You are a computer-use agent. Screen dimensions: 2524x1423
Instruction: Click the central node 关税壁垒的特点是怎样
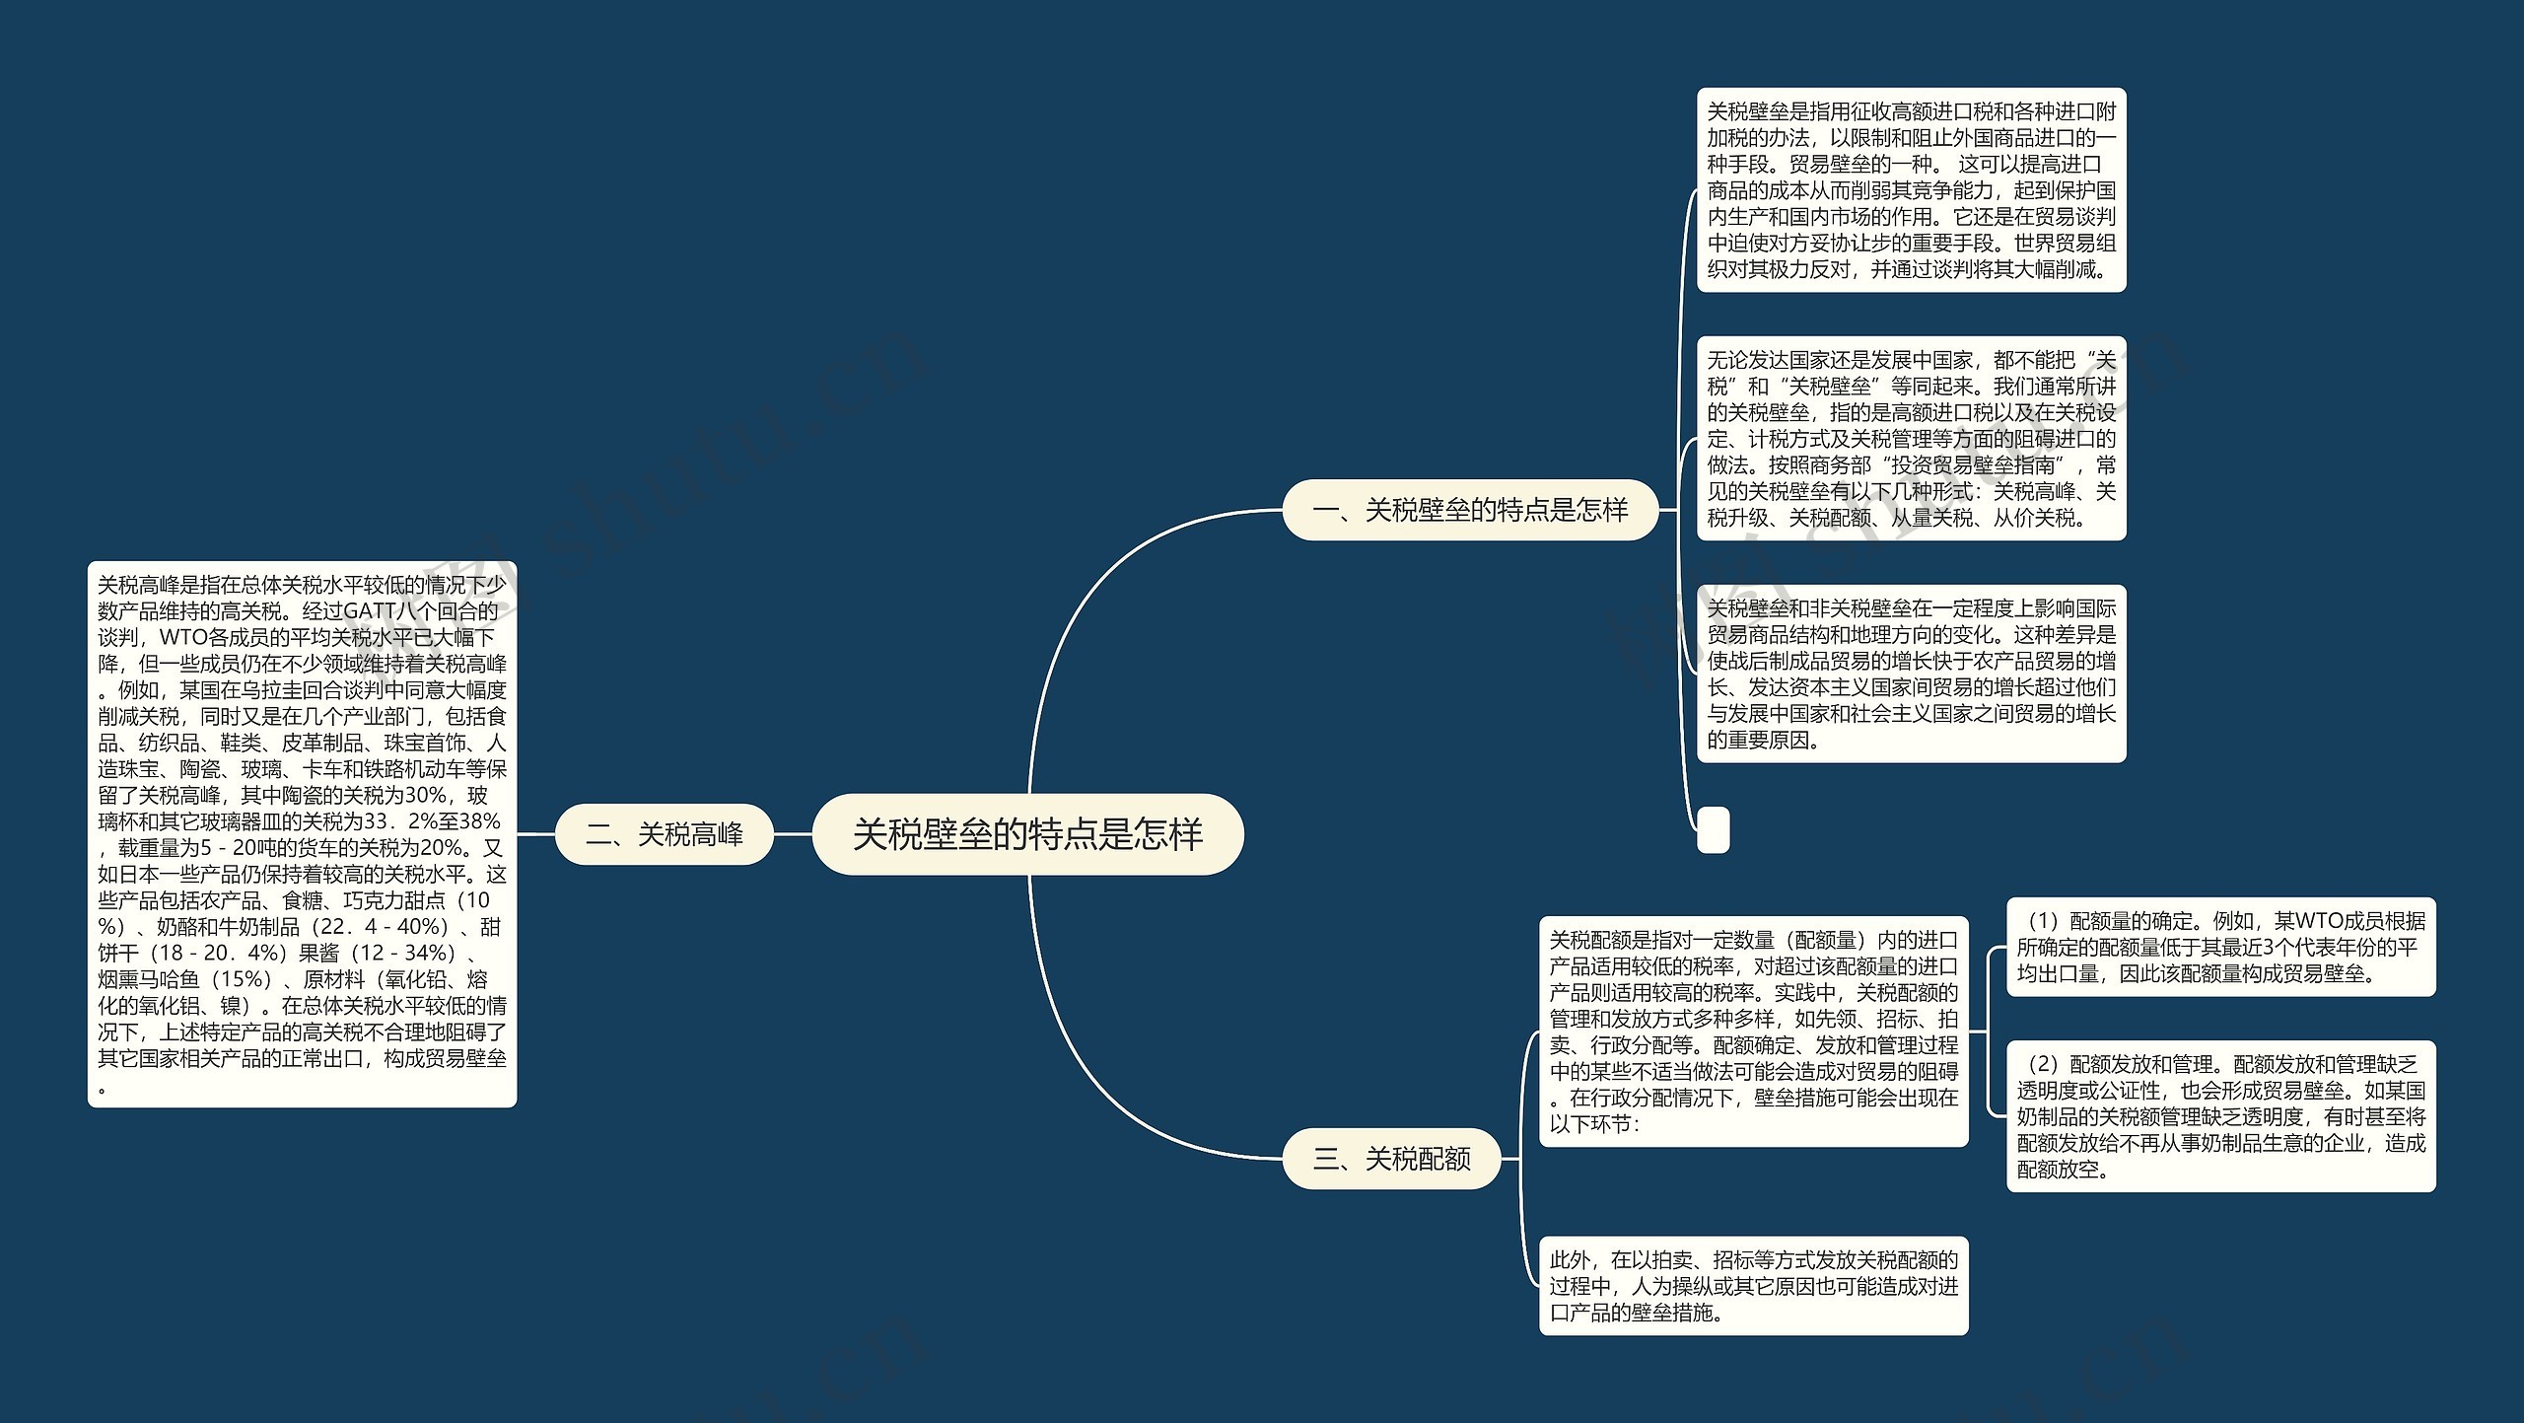coord(1027,834)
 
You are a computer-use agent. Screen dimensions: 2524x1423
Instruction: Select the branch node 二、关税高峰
coord(664,835)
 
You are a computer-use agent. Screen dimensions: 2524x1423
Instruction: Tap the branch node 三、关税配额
coord(1391,1159)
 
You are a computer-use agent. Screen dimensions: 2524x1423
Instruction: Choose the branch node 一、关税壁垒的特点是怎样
coord(1470,510)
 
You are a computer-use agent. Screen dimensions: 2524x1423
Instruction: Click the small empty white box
coord(1713,829)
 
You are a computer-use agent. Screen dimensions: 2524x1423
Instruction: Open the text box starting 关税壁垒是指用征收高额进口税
coord(1911,190)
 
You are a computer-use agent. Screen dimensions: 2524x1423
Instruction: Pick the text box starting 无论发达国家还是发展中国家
coord(1911,439)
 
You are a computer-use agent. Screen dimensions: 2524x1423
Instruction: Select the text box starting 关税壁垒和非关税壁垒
coord(1911,674)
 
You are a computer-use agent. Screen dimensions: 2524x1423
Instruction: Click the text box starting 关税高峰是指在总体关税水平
coord(302,834)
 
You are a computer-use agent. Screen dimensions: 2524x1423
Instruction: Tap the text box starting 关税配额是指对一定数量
coord(1753,1032)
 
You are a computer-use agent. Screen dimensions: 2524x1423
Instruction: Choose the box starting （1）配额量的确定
coord(2220,947)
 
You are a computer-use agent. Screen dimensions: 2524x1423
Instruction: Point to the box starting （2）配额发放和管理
coord(2220,1116)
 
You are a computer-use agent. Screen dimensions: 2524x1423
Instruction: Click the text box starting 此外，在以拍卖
coord(1753,1286)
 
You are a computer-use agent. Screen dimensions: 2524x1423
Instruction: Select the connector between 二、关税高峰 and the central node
coord(793,834)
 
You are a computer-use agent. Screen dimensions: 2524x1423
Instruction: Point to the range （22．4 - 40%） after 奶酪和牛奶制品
coord(379,927)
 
